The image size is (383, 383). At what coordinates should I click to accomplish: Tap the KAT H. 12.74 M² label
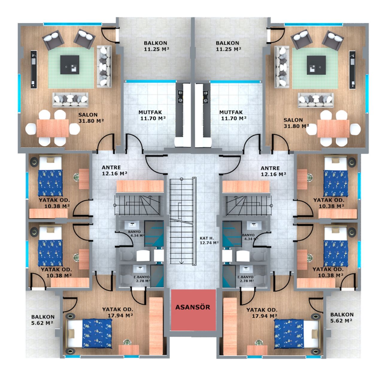click(209, 240)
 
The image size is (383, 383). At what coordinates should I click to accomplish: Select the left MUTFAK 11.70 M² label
click(152, 115)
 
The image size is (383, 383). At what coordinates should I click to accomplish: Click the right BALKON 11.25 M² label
click(228, 46)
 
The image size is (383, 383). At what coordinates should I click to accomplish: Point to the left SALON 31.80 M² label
click(91, 118)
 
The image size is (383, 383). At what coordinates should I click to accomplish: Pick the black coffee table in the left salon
click(70, 65)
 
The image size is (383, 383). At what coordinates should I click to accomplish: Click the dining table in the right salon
click(333, 128)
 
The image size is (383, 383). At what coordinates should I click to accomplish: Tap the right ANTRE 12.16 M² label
click(273, 171)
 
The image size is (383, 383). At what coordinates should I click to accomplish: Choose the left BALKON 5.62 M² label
click(42, 320)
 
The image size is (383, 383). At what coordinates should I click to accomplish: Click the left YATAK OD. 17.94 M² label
click(118, 312)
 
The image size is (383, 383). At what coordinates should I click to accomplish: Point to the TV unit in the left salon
click(34, 69)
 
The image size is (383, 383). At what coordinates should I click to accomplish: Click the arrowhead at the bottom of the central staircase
click(181, 262)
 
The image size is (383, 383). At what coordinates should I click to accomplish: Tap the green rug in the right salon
click(315, 68)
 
